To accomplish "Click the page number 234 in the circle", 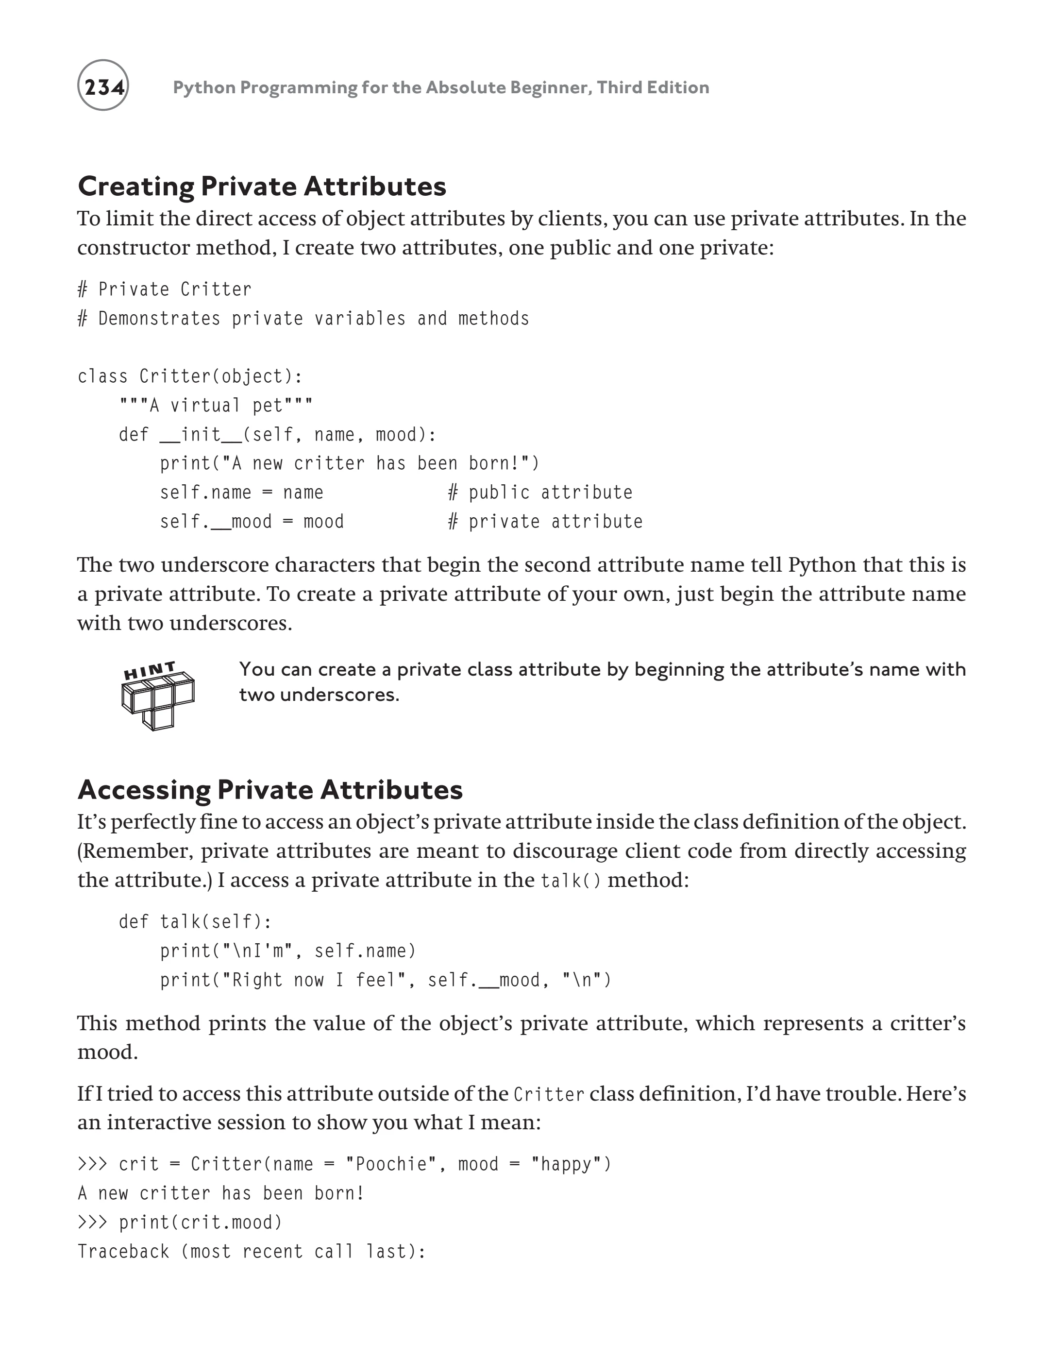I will point(103,86).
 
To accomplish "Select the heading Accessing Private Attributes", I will point(270,789).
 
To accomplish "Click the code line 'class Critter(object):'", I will point(190,376).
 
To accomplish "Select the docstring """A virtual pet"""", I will point(216,406).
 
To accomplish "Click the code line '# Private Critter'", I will point(165,289).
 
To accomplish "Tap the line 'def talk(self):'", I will point(195,921).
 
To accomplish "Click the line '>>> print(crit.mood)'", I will point(180,1222).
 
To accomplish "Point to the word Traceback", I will point(123,1251).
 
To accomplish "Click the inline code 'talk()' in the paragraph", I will point(571,881).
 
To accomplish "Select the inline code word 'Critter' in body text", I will point(549,1095).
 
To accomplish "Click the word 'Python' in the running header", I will point(203,87).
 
